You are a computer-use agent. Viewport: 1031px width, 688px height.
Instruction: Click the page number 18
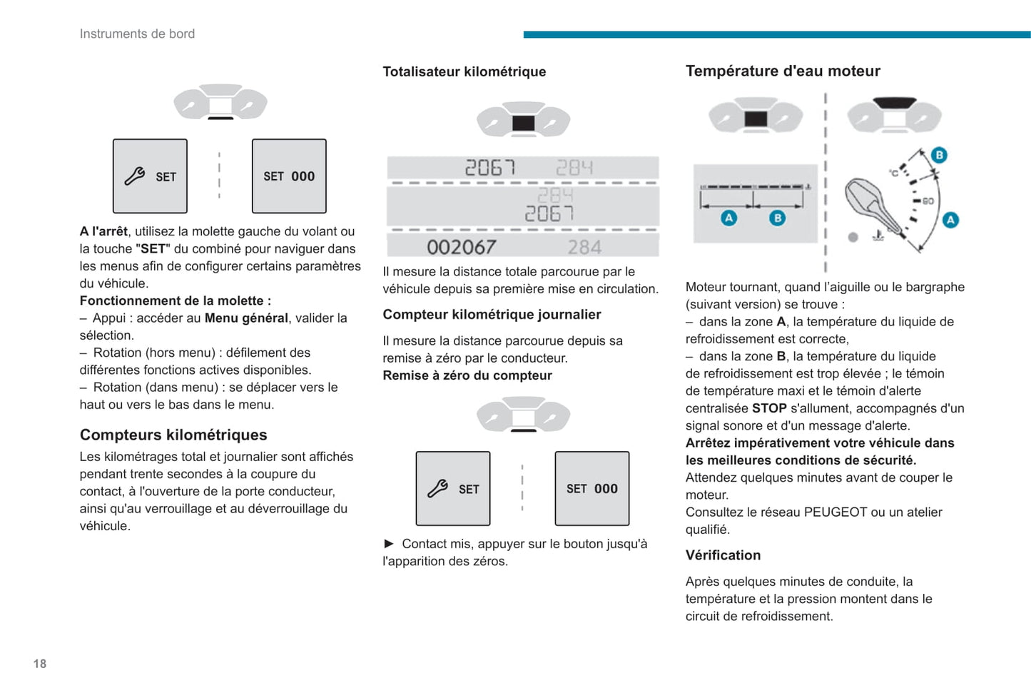40,664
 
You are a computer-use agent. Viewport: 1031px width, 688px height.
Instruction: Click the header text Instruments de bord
137,34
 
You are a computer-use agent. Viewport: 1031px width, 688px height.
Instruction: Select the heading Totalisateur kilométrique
464,71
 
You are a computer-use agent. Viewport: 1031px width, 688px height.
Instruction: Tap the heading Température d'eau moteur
783,71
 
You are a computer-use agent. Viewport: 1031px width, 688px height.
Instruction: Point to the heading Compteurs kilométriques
173,435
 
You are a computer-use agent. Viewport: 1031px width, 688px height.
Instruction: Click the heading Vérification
723,555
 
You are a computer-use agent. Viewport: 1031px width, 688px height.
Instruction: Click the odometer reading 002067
462,247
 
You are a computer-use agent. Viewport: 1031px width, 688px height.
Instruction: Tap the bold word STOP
769,408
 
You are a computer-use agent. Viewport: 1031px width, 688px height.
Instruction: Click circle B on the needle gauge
939,155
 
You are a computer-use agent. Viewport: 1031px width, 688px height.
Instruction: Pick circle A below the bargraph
728,218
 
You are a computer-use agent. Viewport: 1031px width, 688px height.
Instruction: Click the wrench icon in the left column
135,176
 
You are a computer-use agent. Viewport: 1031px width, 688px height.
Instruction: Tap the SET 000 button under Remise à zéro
592,489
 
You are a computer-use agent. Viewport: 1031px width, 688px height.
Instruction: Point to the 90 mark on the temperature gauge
928,201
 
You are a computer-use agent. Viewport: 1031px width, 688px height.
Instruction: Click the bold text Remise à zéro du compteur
467,375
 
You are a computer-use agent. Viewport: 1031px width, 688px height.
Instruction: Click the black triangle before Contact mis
389,544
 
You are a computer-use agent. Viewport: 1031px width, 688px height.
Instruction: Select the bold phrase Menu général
246,318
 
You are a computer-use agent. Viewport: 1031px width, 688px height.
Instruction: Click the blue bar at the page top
776,34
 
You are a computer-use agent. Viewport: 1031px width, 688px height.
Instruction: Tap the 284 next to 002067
584,247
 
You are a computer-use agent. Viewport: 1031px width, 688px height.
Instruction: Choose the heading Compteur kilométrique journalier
492,315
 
